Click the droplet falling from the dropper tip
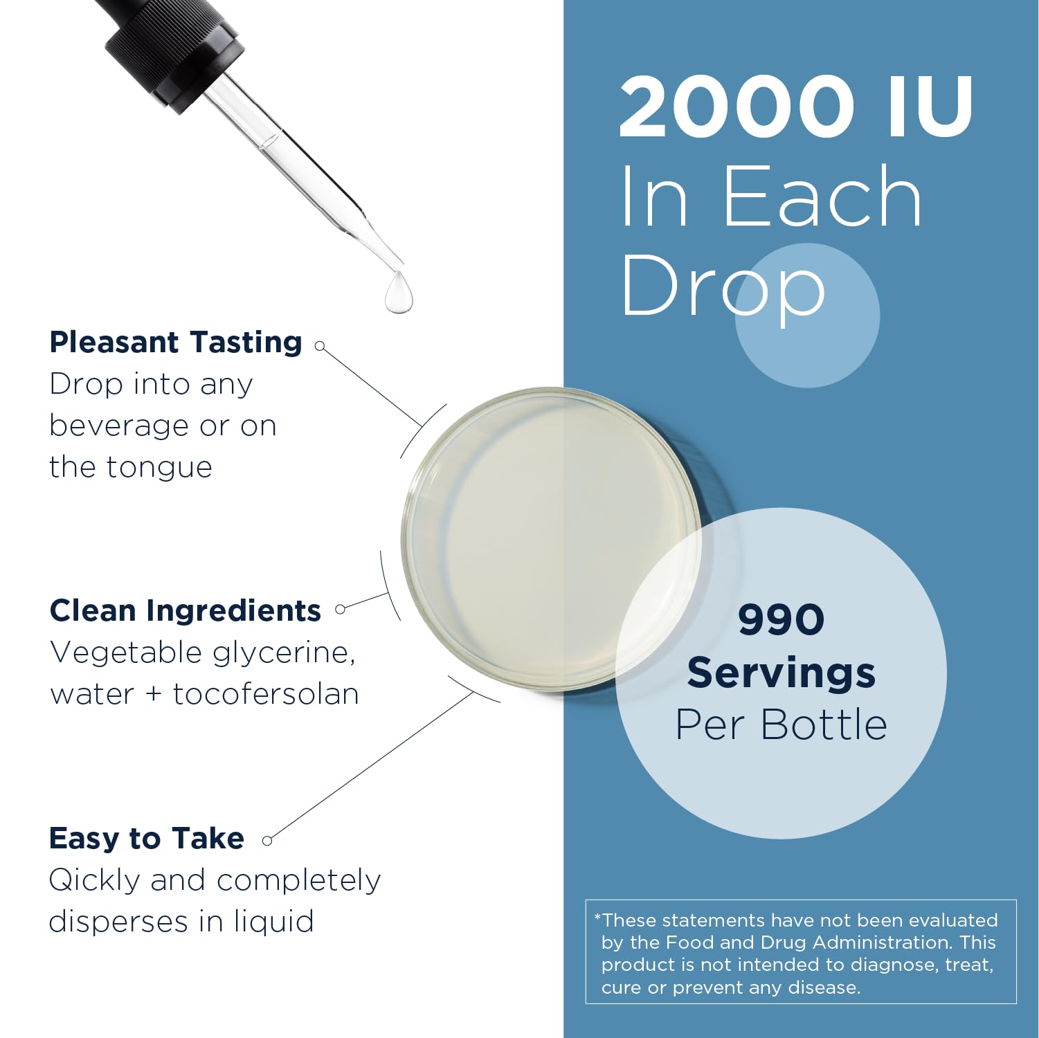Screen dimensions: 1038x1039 click(399, 293)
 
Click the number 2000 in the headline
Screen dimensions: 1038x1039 click(737, 107)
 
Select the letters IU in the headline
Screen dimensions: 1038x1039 click(930, 107)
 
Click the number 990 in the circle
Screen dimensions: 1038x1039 click(781, 619)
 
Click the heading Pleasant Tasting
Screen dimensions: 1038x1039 click(176, 342)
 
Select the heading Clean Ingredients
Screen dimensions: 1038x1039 click(186, 610)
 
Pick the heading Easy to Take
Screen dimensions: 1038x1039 click(147, 838)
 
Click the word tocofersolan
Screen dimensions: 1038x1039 click(266, 694)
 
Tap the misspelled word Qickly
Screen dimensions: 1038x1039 click(94, 880)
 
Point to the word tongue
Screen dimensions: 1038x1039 click(159, 468)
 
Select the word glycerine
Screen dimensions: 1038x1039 click(284, 653)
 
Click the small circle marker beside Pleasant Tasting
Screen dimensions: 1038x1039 click(320, 345)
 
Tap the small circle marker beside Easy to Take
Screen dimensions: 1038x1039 click(268, 841)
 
